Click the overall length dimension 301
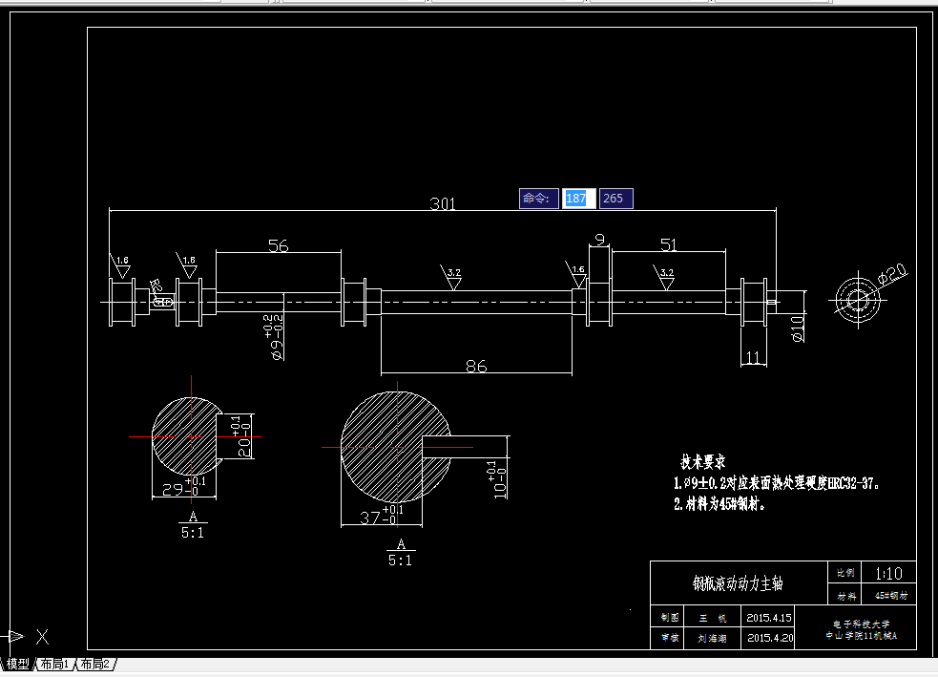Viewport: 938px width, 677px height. (x=443, y=203)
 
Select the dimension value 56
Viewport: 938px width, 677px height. (x=278, y=245)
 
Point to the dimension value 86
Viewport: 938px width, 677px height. (x=475, y=366)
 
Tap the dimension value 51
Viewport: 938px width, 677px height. (x=668, y=244)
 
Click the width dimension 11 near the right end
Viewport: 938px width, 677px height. (x=754, y=357)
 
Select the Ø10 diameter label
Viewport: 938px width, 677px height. (x=798, y=328)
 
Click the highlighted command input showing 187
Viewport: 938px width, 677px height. (x=577, y=199)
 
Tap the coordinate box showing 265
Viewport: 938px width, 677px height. (x=615, y=199)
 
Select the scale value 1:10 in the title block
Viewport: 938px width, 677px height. (x=886, y=574)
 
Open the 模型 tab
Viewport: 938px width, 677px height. (x=18, y=664)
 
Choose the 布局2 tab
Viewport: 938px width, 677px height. (x=94, y=664)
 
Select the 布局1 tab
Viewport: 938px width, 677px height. (x=54, y=664)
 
